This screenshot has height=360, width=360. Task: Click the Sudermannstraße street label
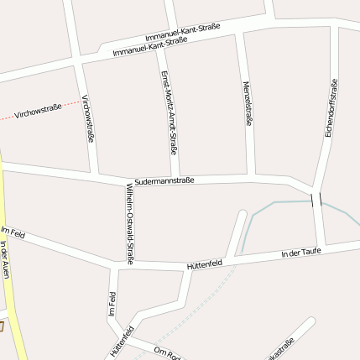click(164, 180)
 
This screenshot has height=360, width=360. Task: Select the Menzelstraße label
click(248, 103)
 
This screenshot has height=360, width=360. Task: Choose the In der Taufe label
click(301, 251)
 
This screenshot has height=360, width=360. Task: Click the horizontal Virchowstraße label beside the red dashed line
click(39, 108)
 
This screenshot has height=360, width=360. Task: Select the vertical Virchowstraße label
click(87, 118)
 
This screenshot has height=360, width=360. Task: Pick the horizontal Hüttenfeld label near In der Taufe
click(204, 264)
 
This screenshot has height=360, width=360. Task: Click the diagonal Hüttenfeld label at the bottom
click(122, 337)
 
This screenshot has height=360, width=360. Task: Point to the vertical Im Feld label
click(112, 304)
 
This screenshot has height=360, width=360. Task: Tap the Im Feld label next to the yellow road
click(13, 232)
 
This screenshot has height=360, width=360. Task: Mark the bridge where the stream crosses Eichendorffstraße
click(316, 200)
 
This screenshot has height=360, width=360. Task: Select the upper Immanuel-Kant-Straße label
click(182, 32)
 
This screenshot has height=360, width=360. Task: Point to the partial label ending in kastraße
click(281, 348)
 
